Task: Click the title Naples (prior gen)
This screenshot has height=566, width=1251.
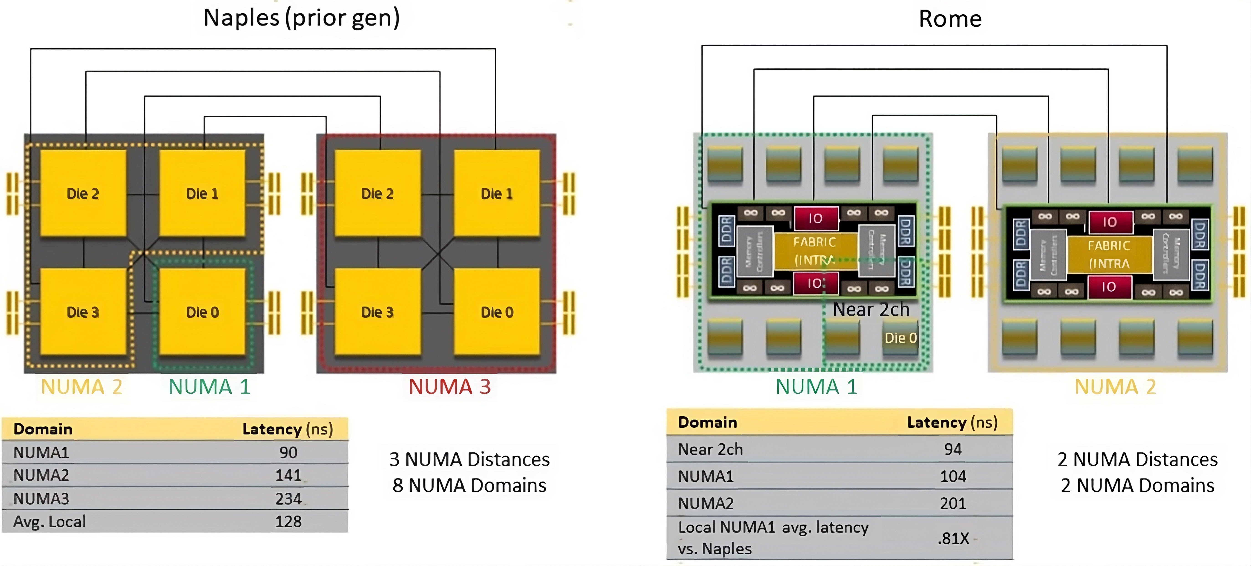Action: pyautogui.click(x=301, y=18)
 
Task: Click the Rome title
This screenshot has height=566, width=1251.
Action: pyautogui.click(x=950, y=19)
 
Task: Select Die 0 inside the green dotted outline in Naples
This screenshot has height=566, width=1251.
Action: pyautogui.click(x=203, y=312)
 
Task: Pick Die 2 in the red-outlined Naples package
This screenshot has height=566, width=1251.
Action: pyautogui.click(x=377, y=193)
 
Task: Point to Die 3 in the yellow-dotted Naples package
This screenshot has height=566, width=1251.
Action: pyautogui.click(x=82, y=312)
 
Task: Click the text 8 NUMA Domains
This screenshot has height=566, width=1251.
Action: pyautogui.click(x=469, y=485)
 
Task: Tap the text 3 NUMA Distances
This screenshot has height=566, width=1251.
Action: pyautogui.click(x=469, y=459)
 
